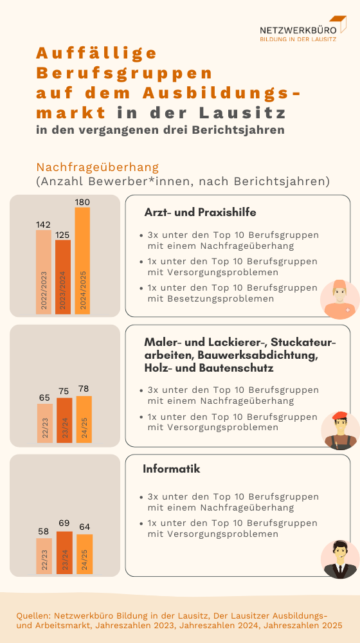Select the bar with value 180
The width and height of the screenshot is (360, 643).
click(82, 260)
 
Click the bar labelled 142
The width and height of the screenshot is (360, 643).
click(44, 272)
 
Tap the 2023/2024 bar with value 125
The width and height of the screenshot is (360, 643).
click(63, 277)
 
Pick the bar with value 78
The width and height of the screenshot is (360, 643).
click(84, 419)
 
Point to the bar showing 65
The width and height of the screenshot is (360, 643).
click(44, 423)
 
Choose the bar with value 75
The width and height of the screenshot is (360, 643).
click(64, 421)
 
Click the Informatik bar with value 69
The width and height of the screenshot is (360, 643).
click(64, 554)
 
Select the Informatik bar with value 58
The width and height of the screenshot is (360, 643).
click(44, 557)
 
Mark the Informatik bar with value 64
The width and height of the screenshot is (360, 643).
click(84, 555)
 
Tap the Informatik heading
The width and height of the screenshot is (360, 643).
click(172, 469)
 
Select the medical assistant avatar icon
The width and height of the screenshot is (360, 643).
click(339, 299)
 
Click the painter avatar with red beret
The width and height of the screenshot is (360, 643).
click(339, 430)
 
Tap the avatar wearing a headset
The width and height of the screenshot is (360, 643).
click(339, 559)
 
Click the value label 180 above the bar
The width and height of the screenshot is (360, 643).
click(82, 202)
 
